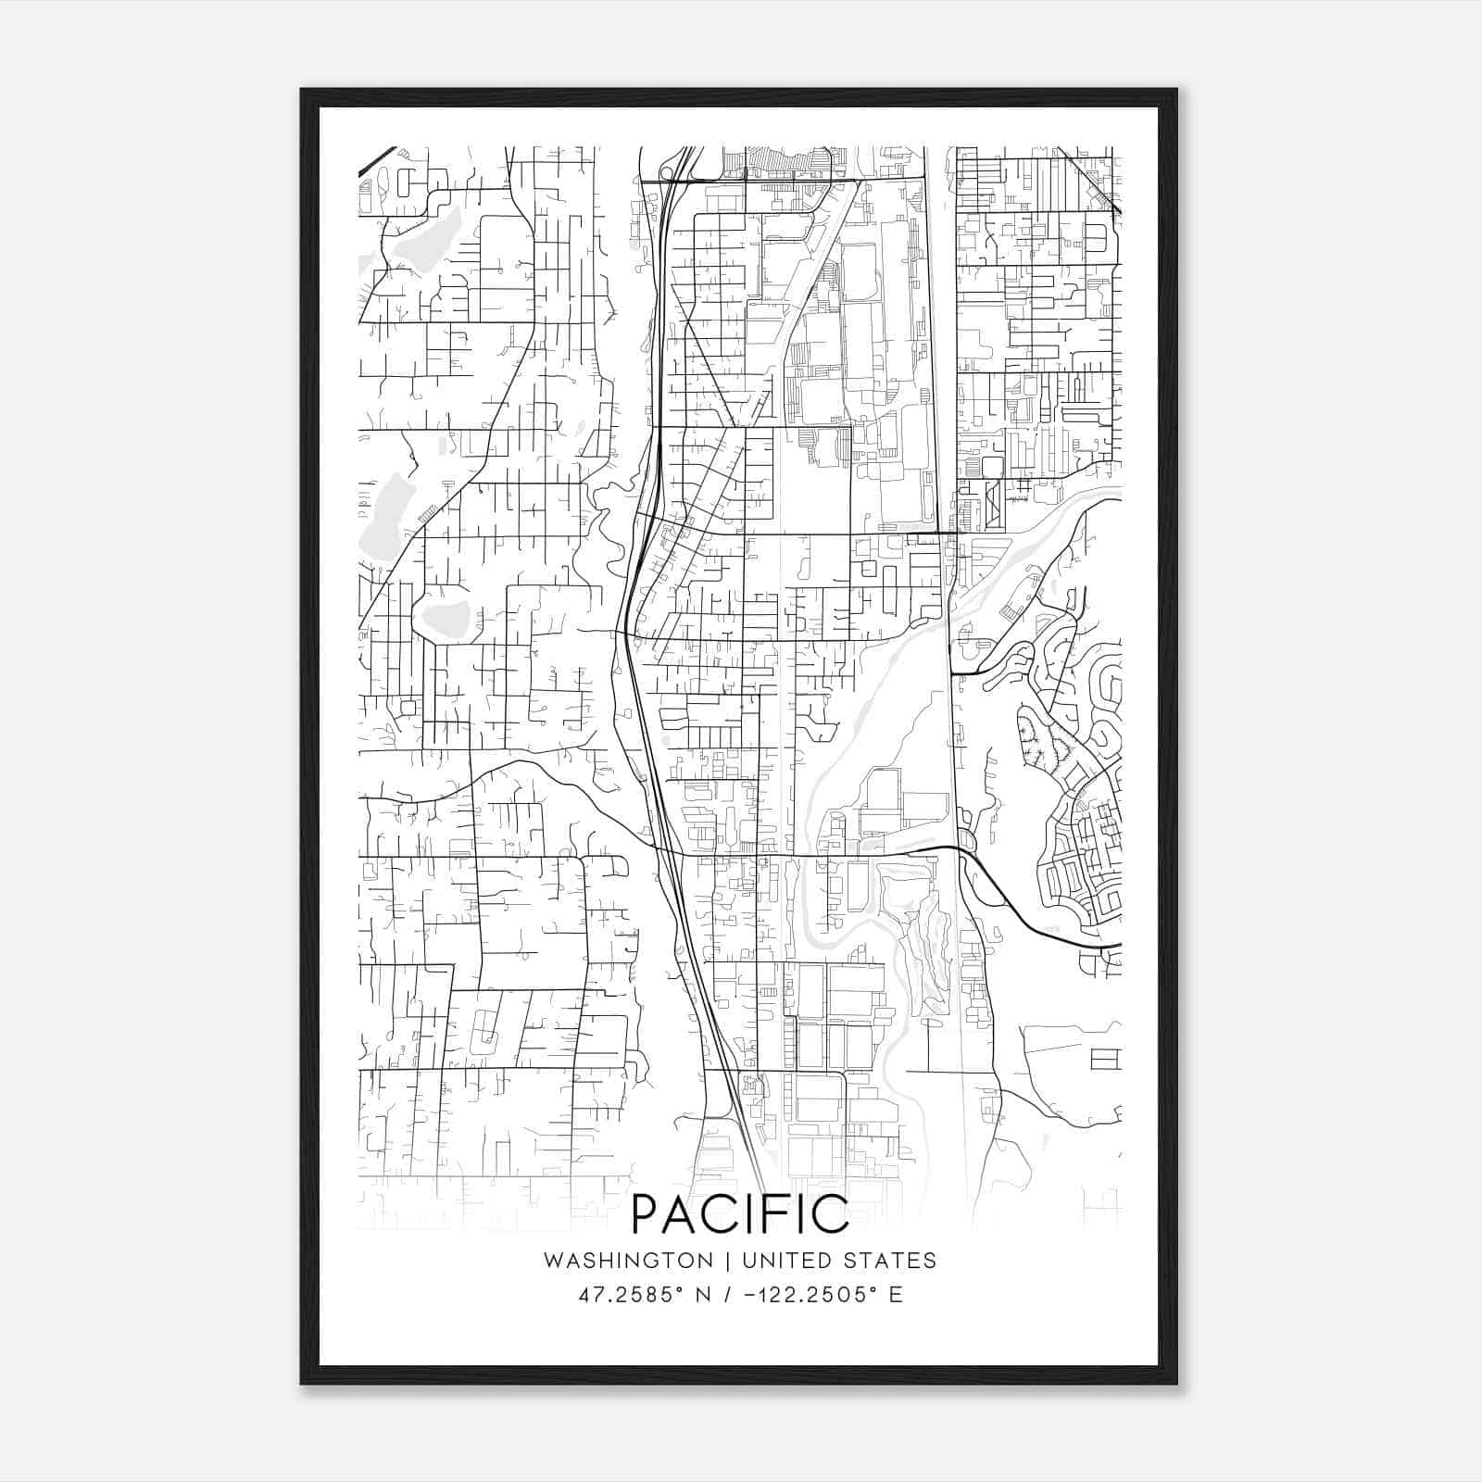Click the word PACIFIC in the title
[740, 1214]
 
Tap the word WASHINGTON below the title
[628, 1261]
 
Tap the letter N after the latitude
[703, 1295]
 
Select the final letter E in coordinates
[895, 1295]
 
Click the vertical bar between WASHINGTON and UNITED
[726, 1261]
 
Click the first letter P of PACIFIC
[646, 1214]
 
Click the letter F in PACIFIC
[770, 1214]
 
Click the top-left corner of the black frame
[302, 90]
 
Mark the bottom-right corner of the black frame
[1176, 1384]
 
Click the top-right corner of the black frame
[1176, 90]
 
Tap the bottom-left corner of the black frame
[302, 1384]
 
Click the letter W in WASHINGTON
[553, 1261]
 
